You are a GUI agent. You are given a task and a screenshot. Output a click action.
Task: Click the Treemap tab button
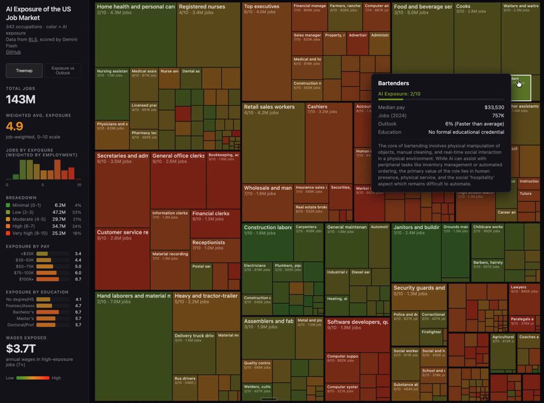(24, 71)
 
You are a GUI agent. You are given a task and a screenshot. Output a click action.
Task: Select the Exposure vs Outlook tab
(63, 71)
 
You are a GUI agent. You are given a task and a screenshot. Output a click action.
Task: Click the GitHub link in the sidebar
(13, 52)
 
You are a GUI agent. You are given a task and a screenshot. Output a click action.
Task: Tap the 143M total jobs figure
(21, 100)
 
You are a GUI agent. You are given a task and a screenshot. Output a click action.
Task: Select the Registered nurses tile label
(201, 7)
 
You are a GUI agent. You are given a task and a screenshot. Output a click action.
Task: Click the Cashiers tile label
(317, 107)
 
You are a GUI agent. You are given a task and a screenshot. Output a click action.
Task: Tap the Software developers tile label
(357, 322)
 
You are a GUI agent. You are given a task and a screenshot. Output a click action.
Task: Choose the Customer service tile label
(122, 232)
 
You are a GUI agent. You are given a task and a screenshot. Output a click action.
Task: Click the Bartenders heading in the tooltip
(393, 83)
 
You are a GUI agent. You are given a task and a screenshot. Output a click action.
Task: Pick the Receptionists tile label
(208, 243)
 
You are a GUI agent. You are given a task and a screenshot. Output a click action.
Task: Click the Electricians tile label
(255, 266)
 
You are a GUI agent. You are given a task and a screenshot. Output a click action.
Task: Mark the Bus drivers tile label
(185, 378)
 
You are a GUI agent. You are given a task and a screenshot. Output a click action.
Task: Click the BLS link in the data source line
(33, 39)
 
